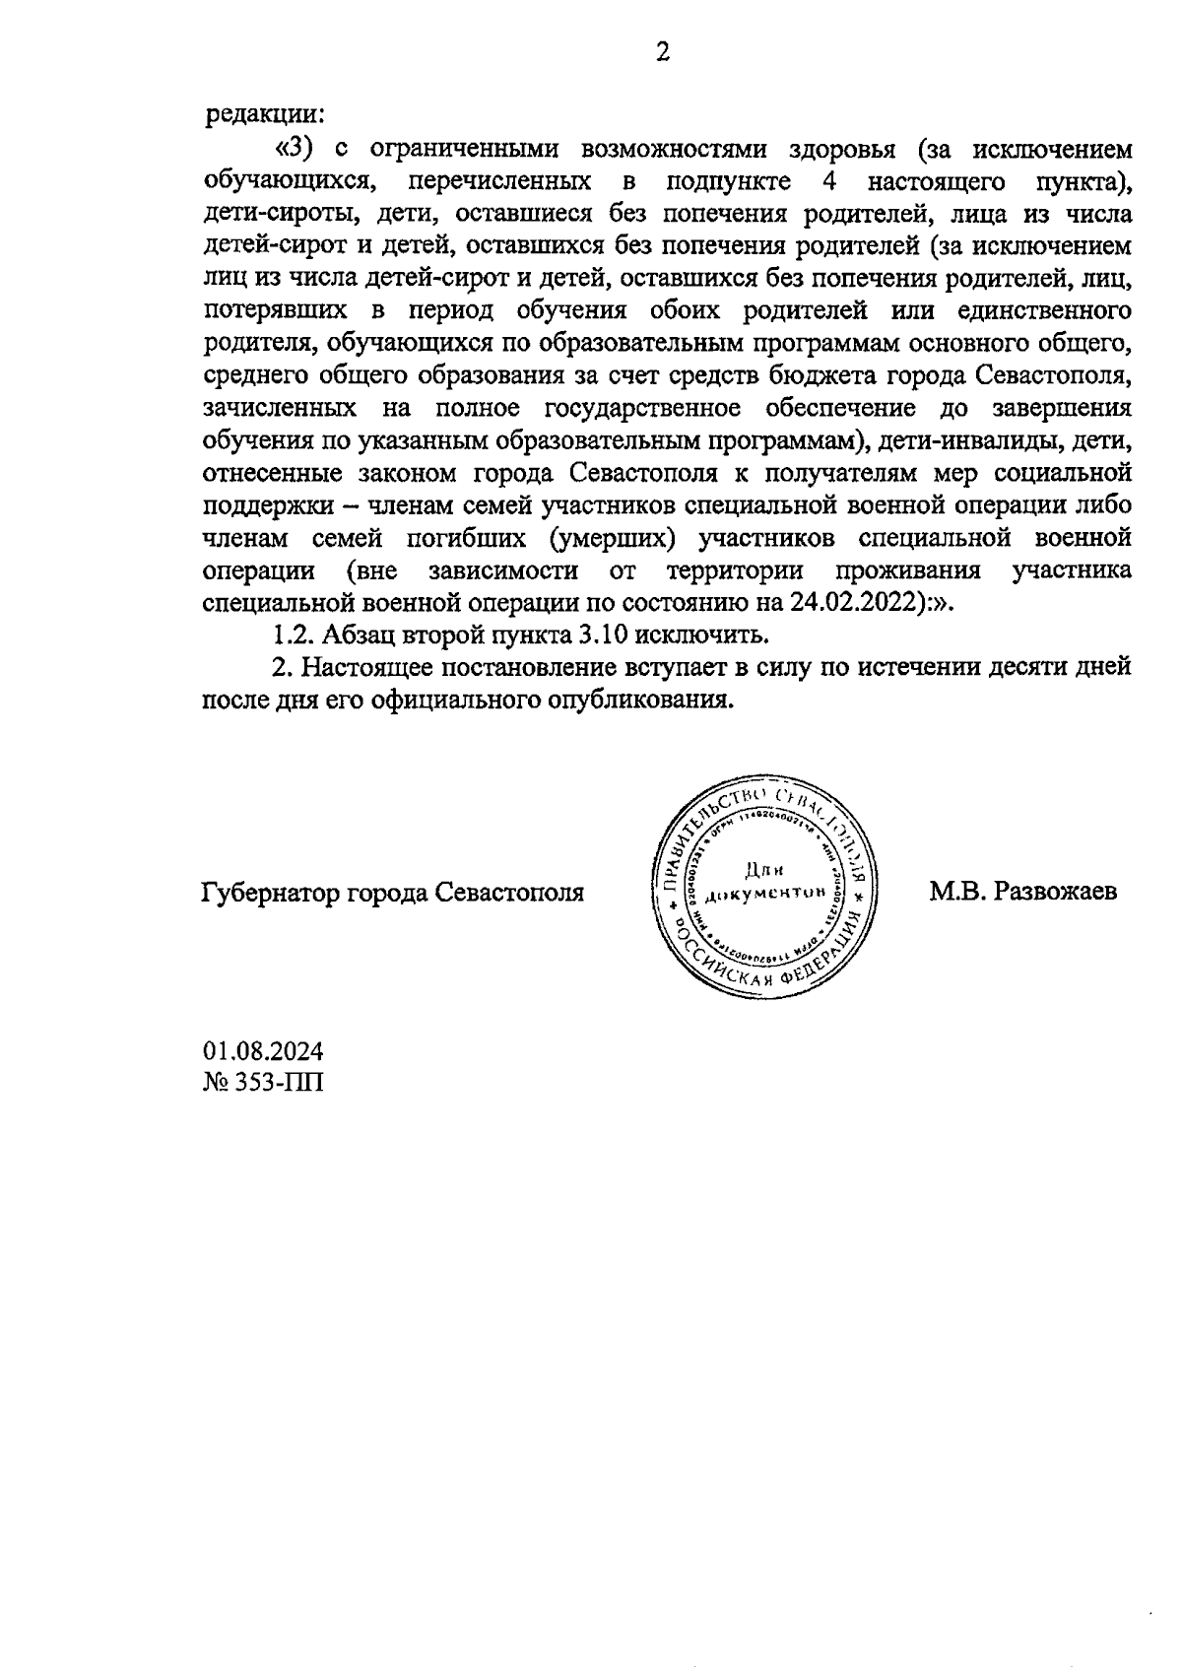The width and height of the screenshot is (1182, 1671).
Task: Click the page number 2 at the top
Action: click(x=663, y=52)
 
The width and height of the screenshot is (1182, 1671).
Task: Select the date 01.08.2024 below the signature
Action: click(x=263, y=1051)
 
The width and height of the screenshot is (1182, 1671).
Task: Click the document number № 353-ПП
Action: click(x=263, y=1083)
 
